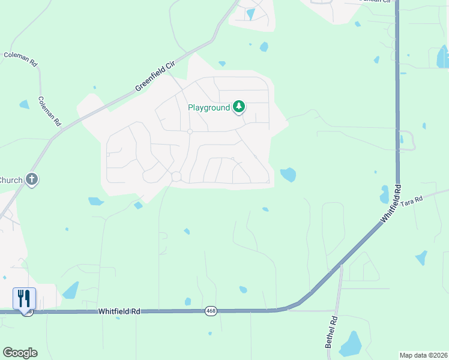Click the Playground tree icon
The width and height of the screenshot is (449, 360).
240,107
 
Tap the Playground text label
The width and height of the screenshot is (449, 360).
209,108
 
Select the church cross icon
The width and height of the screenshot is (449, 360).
32,179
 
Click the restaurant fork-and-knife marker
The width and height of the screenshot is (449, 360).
24,298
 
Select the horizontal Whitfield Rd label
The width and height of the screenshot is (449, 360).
120,311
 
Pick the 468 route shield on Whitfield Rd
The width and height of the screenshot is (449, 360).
211,311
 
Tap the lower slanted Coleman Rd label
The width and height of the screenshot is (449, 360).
49,111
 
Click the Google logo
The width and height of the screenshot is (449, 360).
20,353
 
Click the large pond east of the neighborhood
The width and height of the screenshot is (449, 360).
288,175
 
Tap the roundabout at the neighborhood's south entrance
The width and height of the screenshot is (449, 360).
176,176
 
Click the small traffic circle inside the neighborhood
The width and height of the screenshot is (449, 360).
190,131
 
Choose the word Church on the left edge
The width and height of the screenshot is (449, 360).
10,180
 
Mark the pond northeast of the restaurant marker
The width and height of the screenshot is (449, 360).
71,290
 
